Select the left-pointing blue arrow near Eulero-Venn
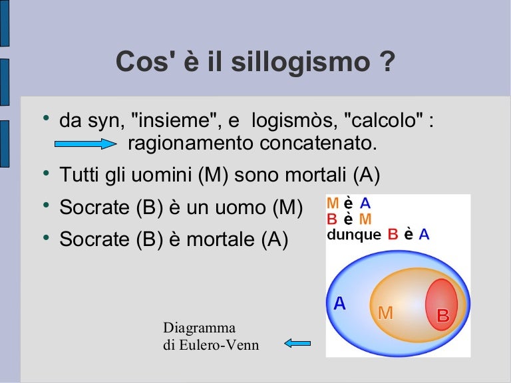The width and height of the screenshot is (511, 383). point(297,343)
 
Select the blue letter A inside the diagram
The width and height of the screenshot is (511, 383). point(339,304)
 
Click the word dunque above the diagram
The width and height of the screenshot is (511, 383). point(354,234)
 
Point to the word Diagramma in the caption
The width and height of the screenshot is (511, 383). point(199,327)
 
